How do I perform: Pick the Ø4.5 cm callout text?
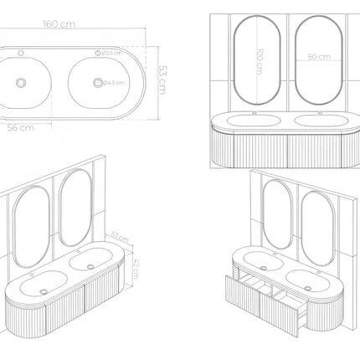click(113, 82)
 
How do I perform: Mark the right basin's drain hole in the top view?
click(100, 82)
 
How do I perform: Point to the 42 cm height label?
click(137, 270)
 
